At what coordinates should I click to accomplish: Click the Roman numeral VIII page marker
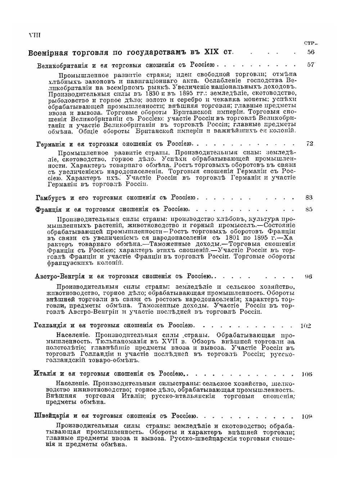pyautogui.click(x=35, y=35)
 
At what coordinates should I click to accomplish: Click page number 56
pyautogui.click(x=311, y=52)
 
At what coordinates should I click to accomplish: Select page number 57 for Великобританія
pyautogui.click(x=311, y=65)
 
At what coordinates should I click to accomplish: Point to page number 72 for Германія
pyautogui.click(x=310, y=144)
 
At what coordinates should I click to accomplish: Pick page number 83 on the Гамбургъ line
pyautogui.click(x=309, y=197)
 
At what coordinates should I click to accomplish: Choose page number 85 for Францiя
pyautogui.click(x=309, y=209)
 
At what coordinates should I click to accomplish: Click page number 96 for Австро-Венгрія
pyautogui.click(x=308, y=277)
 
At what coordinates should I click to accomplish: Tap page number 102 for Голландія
pyautogui.click(x=306, y=326)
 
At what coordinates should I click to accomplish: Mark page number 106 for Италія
pyautogui.click(x=307, y=374)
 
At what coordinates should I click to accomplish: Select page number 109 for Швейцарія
pyautogui.click(x=307, y=417)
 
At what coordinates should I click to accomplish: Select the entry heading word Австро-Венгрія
pyautogui.click(x=60, y=277)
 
